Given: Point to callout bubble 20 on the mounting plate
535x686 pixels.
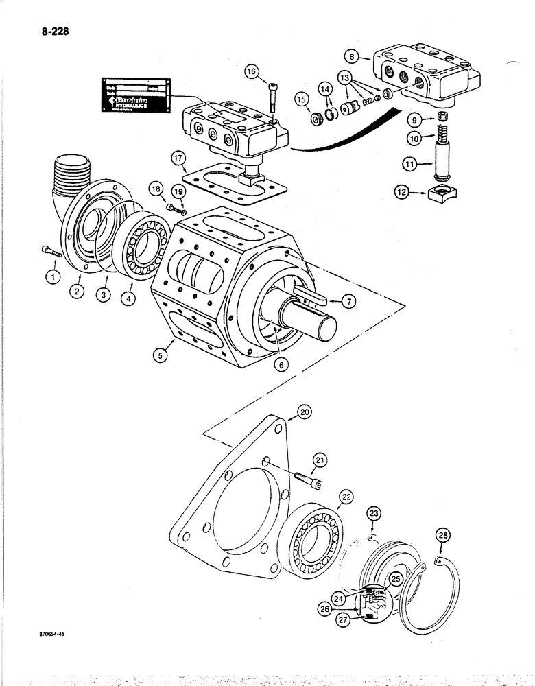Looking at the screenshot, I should click(304, 412).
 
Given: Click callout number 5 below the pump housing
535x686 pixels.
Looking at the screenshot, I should click(162, 355).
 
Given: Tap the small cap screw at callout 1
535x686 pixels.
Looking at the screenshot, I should click(51, 251).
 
